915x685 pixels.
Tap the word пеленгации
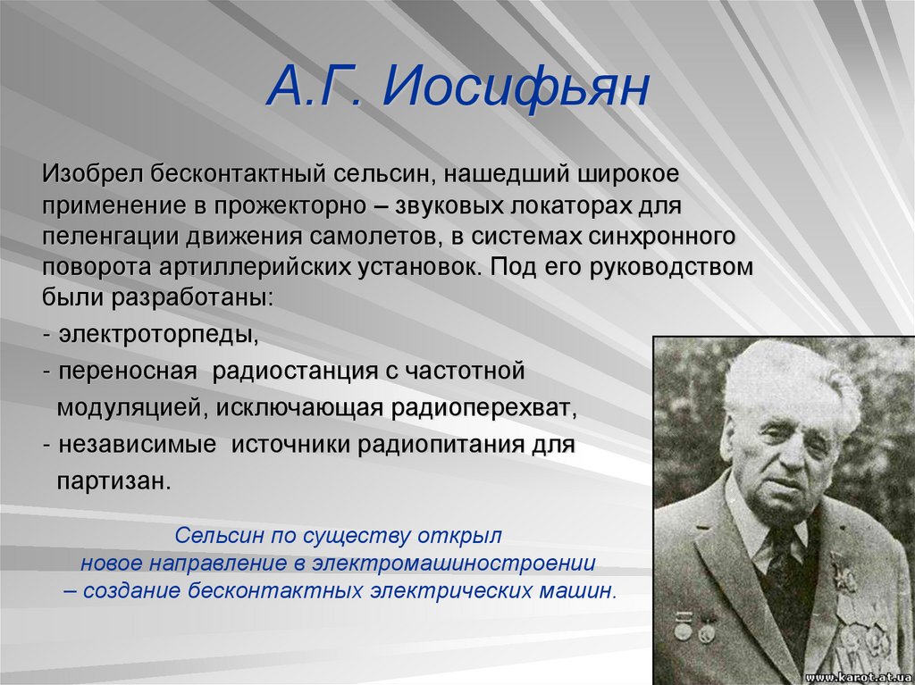[111, 237]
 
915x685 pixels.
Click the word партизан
[113, 480]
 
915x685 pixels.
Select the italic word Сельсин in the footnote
[214, 537]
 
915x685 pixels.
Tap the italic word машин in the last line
[582, 590]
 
